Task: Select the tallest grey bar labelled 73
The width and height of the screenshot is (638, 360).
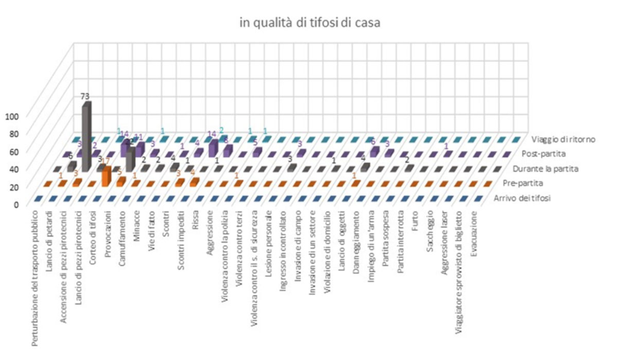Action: pyautogui.click(x=87, y=134)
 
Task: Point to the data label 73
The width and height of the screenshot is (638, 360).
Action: pyautogui.click(x=86, y=96)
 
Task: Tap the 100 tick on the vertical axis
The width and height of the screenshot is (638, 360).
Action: pyautogui.click(x=12, y=115)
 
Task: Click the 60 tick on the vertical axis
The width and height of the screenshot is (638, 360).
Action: pyautogui.click(x=14, y=151)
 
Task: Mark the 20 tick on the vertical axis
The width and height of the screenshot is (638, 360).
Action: pyautogui.click(x=14, y=186)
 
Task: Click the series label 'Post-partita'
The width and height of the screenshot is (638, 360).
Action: pyautogui.click(x=548, y=153)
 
